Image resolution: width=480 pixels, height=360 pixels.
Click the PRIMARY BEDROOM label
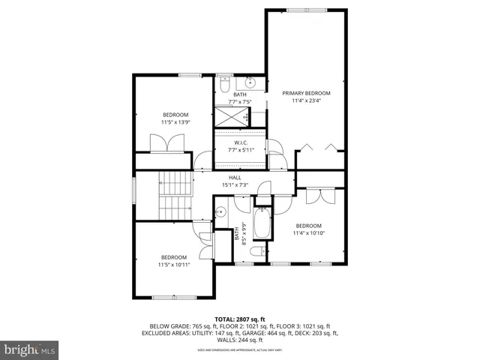pos(306,93)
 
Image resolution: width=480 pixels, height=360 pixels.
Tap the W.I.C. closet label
pos(241,142)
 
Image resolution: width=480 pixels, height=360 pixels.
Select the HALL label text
pos(235,177)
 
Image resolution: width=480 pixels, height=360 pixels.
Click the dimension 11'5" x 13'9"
pos(175,121)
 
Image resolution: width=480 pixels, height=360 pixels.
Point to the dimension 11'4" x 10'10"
pos(308,233)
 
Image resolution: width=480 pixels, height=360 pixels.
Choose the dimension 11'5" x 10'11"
pos(175,264)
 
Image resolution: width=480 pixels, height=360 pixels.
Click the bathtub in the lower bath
pos(262,223)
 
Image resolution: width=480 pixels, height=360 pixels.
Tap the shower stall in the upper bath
pos(232,117)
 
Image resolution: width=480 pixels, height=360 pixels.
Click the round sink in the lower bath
pos(220,213)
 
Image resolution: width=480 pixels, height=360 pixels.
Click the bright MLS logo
pos(30,349)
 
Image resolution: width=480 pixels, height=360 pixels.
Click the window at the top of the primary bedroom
pos(306,10)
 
